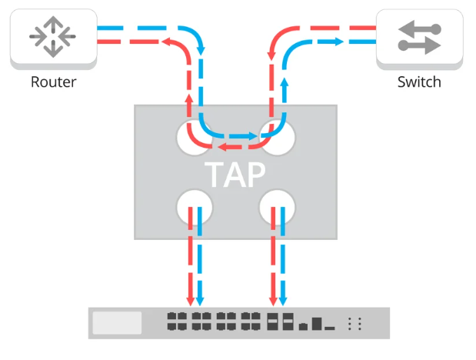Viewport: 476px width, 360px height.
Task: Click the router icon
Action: [x=53, y=35]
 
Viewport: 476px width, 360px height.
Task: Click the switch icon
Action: [x=420, y=37]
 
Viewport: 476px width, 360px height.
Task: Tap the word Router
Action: [x=53, y=82]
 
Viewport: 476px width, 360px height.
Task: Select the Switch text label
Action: [x=419, y=82]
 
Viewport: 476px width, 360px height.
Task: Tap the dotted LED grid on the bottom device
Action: [x=355, y=324]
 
